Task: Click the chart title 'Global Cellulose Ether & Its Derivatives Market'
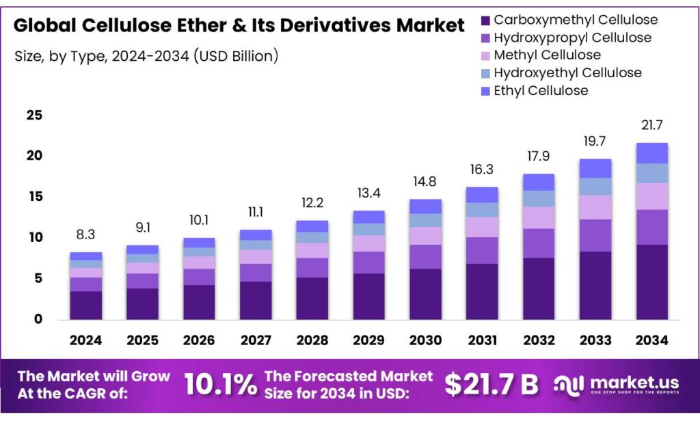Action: pyautogui.click(x=239, y=26)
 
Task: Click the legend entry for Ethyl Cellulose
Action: pyautogui.click(x=541, y=90)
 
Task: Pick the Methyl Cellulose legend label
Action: pyautogui.click(x=547, y=55)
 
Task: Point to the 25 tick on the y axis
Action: pyautogui.click(x=33, y=116)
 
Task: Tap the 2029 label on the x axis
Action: pyautogui.click(x=368, y=340)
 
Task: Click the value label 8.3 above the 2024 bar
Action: pyautogui.click(x=85, y=234)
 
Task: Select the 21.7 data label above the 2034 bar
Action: pyautogui.click(x=651, y=125)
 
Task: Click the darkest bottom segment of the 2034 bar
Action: pyautogui.click(x=651, y=282)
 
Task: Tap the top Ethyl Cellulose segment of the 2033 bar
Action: pyautogui.click(x=595, y=168)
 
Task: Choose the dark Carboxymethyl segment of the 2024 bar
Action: pyautogui.click(x=85, y=305)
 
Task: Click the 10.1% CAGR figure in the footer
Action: pyautogui.click(x=221, y=385)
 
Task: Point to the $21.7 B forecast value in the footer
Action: pyautogui.click(x=492, y=385)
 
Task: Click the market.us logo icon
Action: pyautogui.click(x=569, y=385)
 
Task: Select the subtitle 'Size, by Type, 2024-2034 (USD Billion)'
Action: pyautogui.click(x=146, y=56)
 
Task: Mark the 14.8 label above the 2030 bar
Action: pyautogui.click(x=425, y=182)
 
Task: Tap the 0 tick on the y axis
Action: pyautogui.click(x=38, y=319)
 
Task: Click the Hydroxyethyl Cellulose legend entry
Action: pyautogui.click(x=567, y=72)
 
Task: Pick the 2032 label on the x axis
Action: pyautogui.click(x=538, y=340)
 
